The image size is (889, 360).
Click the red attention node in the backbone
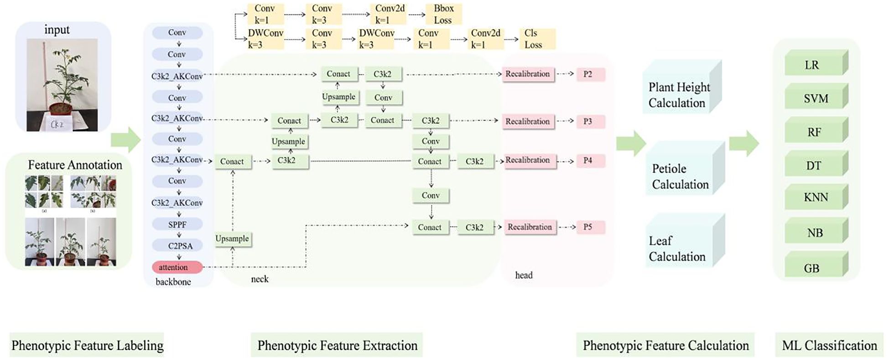click(177, 267)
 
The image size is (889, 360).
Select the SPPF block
click(177, 224)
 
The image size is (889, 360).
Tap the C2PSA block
click(180, 246)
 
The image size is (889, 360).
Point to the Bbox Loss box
click(443, 14)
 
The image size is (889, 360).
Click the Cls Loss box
click(536, 39)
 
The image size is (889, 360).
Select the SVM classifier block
click(815, 98)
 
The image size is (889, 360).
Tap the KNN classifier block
click(815, 197)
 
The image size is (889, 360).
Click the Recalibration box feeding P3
click(528, 122)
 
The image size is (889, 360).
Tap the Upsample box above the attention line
click(233, 239)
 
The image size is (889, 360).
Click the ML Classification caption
click(829, 345)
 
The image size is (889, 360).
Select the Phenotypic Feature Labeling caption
click(87, 345)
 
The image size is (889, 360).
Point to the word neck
click(260, 279)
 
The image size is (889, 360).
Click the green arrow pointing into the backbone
click(126, 140)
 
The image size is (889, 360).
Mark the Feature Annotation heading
click(75, 165)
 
